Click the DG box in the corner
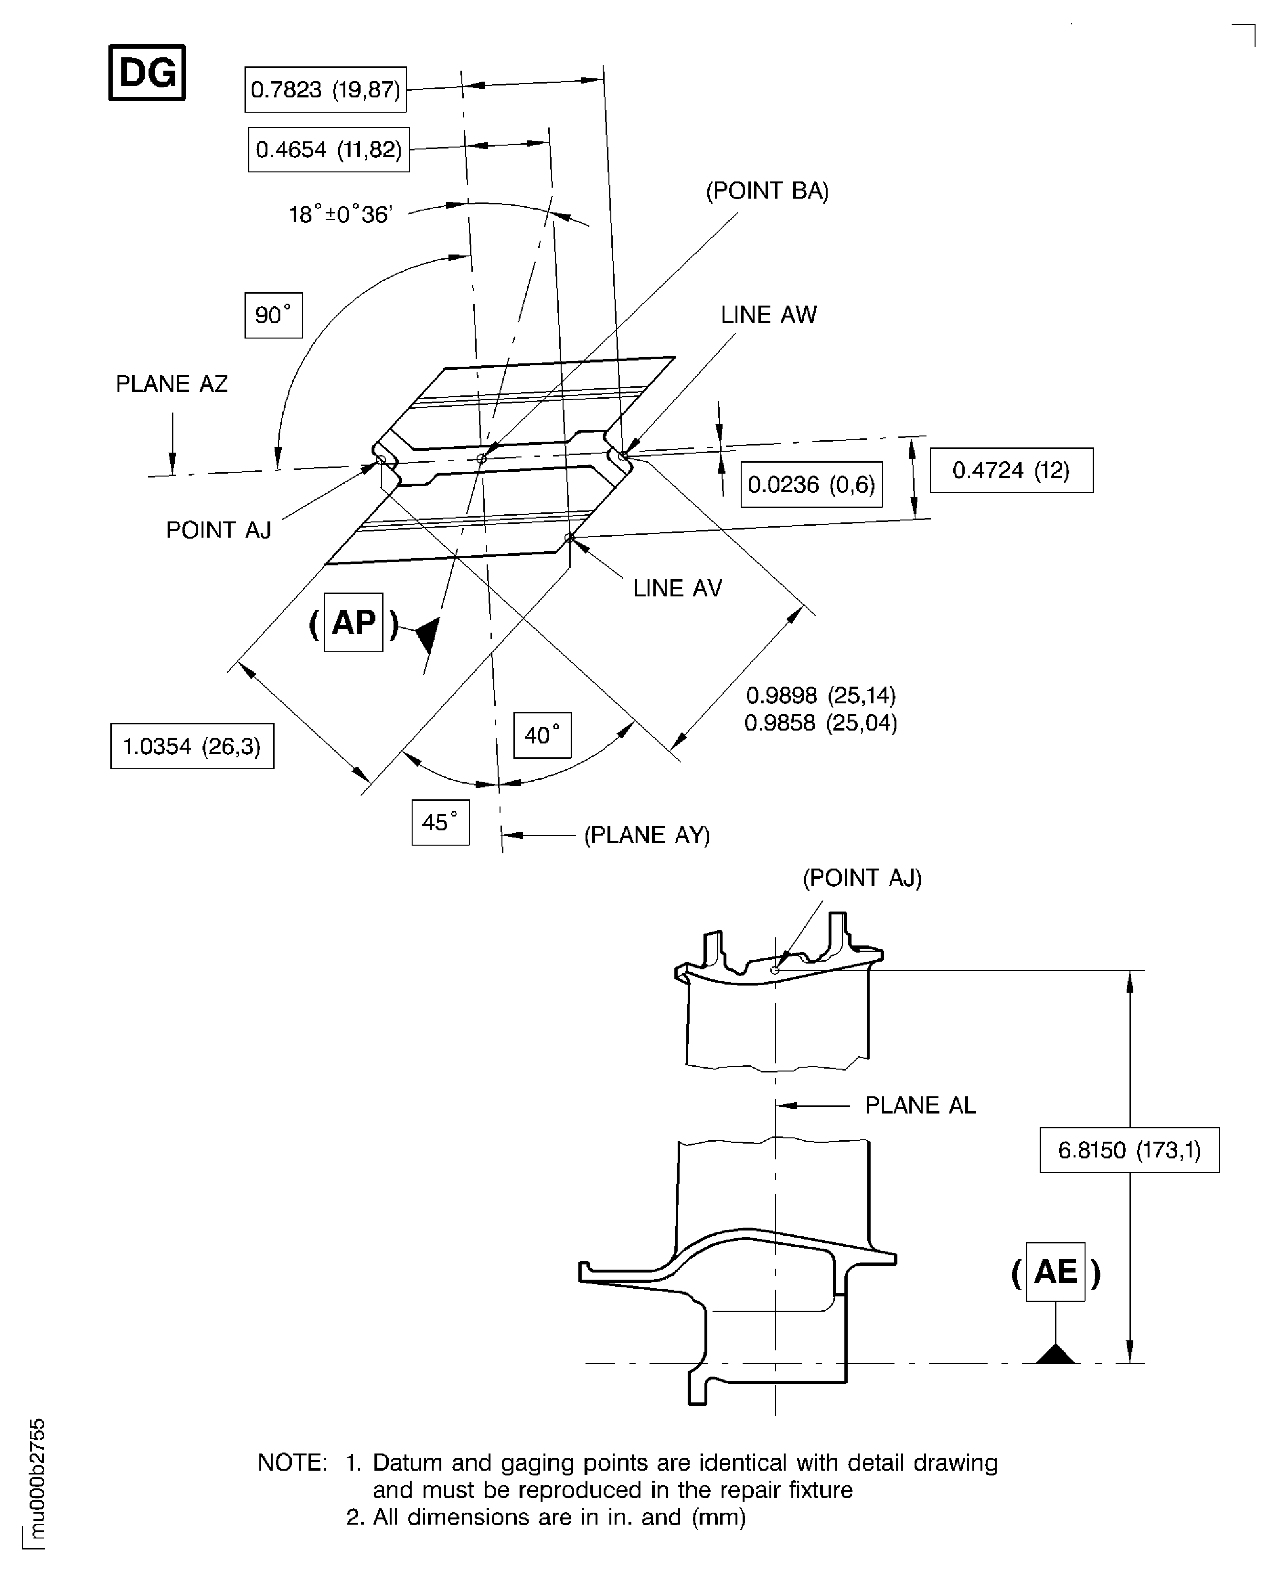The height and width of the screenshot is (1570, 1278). (147, 72)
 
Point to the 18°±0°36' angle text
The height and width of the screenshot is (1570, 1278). (340, 214)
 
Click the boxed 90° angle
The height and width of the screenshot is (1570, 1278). (273, 315)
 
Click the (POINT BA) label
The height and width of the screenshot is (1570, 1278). (767, 191)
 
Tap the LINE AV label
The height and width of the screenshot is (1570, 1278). (677, 588)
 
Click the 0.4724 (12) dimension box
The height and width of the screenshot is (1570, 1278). (1011, 470)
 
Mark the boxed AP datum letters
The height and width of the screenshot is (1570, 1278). (353, 623)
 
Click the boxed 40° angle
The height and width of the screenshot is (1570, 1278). (543, 734)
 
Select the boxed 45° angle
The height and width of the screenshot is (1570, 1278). (440, 822)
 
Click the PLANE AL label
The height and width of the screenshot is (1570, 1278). (920, 1105)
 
